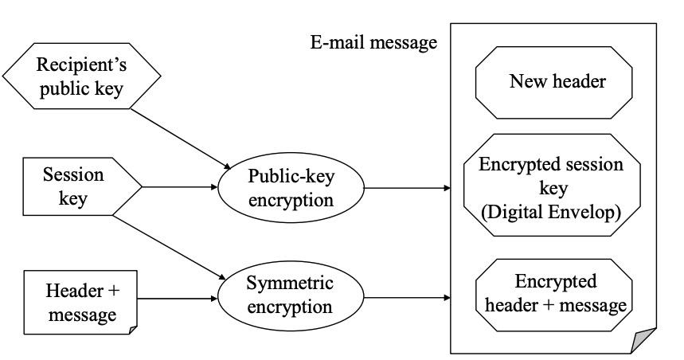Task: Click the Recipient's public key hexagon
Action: coord(81,76)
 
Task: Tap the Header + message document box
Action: coord(80,303)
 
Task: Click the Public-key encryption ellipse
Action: coord(291,188)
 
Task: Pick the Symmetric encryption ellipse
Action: coord(291,299)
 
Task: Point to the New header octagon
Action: coord(553,83)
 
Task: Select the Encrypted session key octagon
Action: coord(552,185)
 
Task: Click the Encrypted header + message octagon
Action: coord(553,295)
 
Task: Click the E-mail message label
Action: coord(373,43)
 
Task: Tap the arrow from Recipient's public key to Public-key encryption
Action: coord(181,139)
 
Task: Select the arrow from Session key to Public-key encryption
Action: coord(180,187)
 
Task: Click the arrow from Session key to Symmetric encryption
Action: coord(170,248)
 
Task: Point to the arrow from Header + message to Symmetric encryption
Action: coord(177,299)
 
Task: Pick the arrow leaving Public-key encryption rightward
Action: coord(407,188)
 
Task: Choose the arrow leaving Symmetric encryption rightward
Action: coord(407,298)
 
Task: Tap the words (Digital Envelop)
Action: coord(551,213)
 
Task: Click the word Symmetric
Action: coord(290,284)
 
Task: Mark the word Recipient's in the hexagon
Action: coord(81,65)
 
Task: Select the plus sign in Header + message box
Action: coord(113,291)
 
